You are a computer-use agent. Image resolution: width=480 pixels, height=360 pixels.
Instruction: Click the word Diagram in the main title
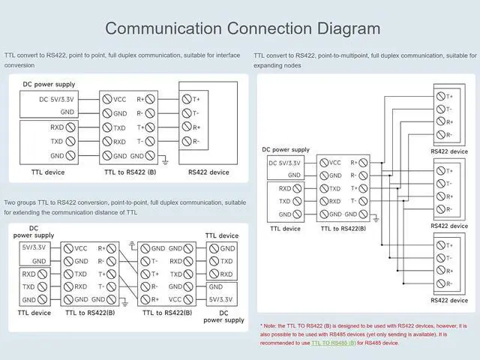click(349, 28)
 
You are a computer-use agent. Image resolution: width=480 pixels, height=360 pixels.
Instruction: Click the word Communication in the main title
click(163, 28)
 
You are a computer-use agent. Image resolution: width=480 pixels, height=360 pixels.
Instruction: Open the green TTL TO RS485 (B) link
click(333, 343)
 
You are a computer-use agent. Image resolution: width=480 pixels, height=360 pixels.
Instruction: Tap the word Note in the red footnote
click(270, 326)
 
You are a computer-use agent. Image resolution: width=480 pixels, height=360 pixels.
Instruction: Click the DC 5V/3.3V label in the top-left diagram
click(56, 100)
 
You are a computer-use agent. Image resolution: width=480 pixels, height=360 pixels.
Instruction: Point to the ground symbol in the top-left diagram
click(165, 160)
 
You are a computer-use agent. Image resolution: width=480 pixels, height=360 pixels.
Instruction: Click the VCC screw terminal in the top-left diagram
click(106, 99)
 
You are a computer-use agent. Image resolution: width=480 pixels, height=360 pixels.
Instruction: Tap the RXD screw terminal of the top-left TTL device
click(70, 127)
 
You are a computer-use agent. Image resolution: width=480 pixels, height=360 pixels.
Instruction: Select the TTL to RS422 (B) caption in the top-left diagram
click(130, 172)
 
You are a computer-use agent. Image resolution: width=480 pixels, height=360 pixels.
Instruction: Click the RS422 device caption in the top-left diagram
click(208, 172)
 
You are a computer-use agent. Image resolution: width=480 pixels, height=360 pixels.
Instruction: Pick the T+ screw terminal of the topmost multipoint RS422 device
click(440, 96)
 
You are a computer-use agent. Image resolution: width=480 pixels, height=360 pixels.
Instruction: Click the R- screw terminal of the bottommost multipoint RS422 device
click(440, 283)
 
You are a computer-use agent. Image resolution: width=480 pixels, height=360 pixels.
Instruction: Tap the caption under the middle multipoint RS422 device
click(449, 226)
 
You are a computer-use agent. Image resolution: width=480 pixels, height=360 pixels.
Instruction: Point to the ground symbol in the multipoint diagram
click(376, 218)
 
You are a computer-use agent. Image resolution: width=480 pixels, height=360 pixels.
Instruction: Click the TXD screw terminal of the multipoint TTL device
click(297, 201)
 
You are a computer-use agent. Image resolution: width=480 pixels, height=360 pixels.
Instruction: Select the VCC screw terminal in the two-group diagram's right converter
click(188, 299)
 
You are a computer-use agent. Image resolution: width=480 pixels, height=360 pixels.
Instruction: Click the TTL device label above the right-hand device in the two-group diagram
click(222, 235)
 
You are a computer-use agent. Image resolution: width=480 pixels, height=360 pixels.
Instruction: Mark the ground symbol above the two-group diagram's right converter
click(132, 244)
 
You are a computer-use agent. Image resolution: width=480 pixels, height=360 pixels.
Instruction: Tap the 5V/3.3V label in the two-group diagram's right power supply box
click(220, 299)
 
